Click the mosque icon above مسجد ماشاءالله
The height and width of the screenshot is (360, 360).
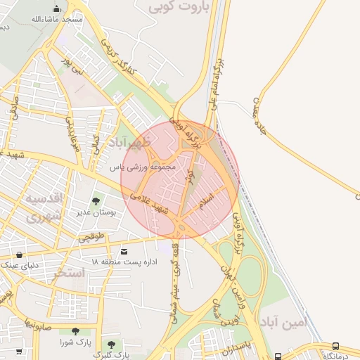(56, 8)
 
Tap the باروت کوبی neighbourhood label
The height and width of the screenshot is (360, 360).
(174, 8)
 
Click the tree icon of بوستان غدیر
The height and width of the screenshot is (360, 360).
(96, 202)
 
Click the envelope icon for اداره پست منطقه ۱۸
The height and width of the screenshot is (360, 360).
(124, 251)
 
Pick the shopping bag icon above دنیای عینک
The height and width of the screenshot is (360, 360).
(19, 255)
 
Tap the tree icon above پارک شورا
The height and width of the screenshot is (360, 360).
(75, 331)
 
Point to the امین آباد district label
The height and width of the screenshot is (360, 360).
(284, 323)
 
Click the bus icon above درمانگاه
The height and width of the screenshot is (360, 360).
(336, 346)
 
